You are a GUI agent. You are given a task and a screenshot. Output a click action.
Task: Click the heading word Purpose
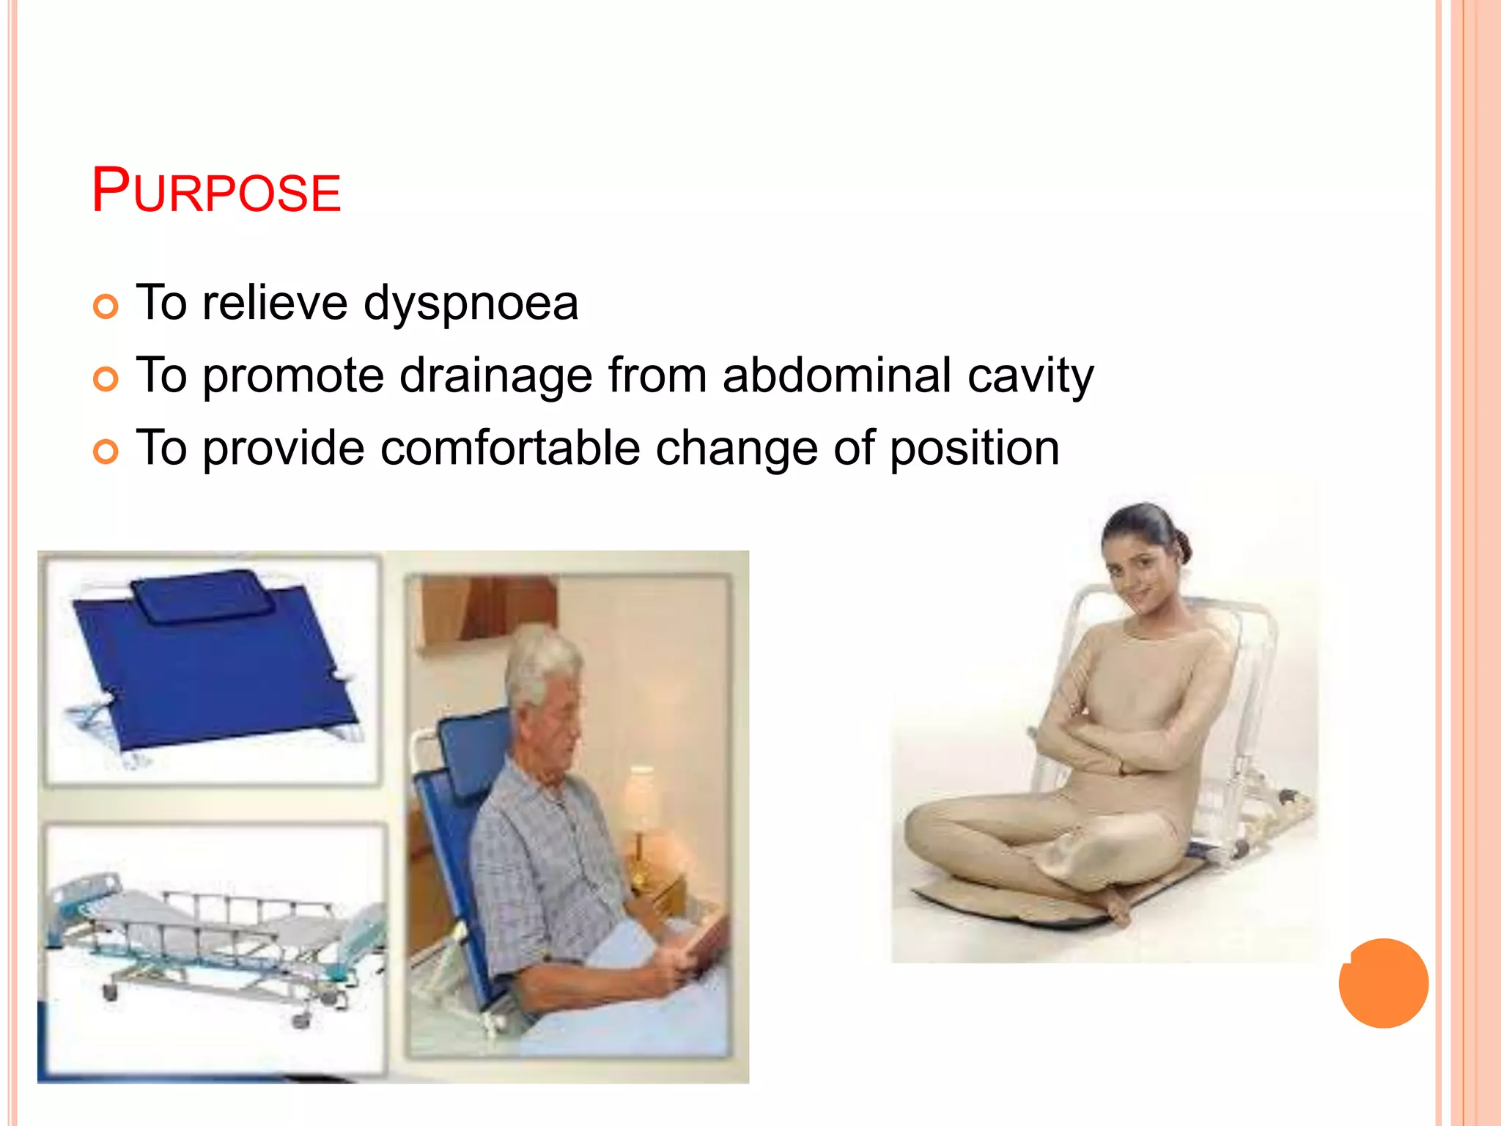[215, 191]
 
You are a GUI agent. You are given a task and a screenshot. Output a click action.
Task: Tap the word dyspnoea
[471, 303]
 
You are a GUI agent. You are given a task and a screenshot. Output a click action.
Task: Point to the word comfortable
[510, 448]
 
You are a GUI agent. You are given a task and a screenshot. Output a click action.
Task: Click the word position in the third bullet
[974, 448]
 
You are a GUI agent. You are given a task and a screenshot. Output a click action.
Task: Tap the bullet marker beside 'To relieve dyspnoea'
[106, 306]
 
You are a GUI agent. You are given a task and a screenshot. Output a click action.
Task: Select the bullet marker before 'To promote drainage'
[106, 379]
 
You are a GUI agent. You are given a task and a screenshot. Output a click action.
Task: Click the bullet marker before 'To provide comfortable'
[106, 452]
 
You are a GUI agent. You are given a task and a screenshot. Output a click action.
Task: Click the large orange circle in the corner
[1383, 983]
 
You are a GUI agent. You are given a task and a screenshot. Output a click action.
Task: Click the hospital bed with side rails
[213, 938]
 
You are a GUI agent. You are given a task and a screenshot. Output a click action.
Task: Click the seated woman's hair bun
[1181, 546]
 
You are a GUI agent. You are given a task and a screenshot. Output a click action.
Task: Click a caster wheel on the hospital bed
[301, 1020]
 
